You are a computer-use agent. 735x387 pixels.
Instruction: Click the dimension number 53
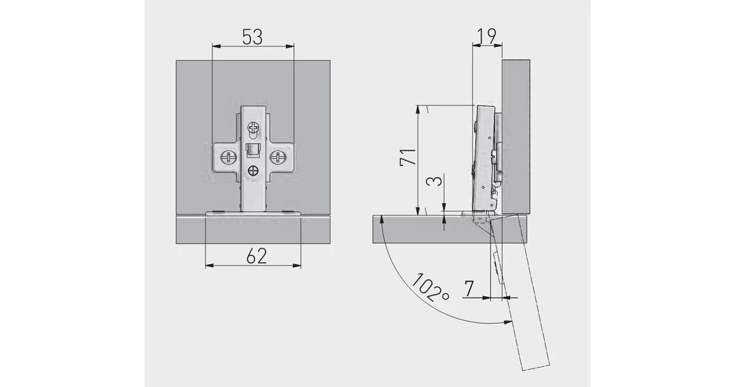coord(252,37)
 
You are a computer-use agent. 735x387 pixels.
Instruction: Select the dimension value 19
coord(486,36)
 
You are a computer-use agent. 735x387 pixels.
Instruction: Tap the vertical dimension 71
coord(409,157)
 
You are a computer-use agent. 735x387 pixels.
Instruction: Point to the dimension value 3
coord(434,182)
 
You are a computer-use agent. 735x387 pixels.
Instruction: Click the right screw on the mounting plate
coord(278,157)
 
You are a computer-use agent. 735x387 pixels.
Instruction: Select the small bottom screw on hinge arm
coord(254,170)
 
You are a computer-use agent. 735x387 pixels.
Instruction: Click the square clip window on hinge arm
coord(253,150)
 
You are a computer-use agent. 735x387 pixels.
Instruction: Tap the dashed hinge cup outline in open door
coord(496,266)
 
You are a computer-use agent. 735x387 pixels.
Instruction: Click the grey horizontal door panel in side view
coord(418,230)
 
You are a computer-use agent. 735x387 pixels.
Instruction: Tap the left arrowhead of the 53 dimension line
coord(214,45)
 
